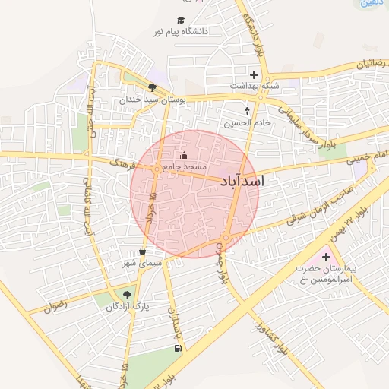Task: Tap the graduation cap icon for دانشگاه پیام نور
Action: coord(182,21)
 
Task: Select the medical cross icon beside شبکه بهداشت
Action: coord(254,74)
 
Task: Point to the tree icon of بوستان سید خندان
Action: coord(153,88)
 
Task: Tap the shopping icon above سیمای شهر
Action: coord(143,251)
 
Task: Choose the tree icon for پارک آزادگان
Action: coord(127,295)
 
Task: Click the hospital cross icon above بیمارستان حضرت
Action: coord(327,258)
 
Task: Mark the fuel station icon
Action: coord(178,348)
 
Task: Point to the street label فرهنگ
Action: coord(122,163)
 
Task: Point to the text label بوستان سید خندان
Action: coord(147,100)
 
